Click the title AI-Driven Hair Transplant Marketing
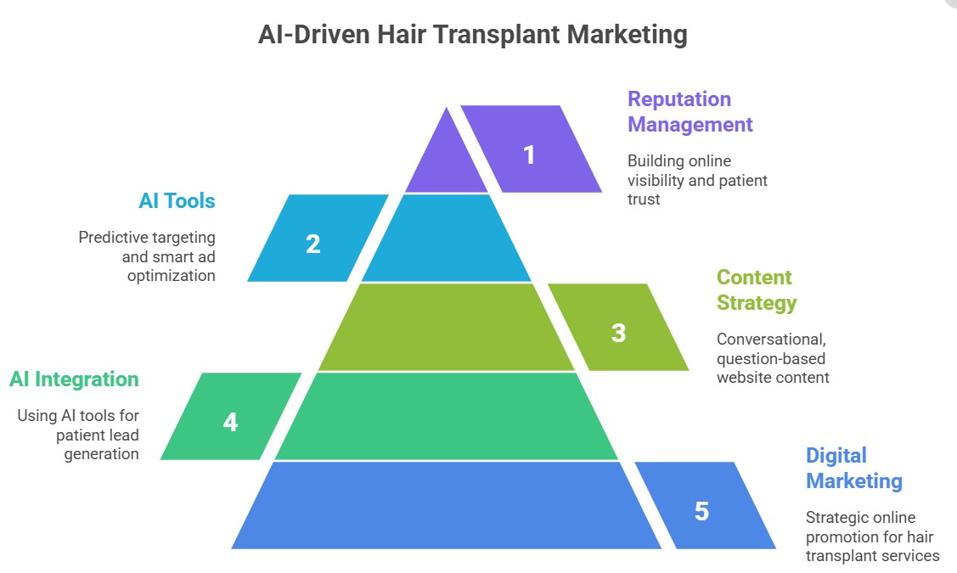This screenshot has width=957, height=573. click(472, 35)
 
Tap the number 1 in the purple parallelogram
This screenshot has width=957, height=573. click(529, 154)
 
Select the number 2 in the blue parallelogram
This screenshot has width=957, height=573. click(312, 244)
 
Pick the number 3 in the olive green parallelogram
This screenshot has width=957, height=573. click(618, 332)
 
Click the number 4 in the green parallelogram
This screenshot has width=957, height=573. click(230, 421)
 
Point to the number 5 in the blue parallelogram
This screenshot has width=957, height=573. click(701, 511)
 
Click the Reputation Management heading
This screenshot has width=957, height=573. click(690, 111)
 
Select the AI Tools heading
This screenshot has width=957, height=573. click(177, 201)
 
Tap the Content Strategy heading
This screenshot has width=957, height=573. click(756, 289)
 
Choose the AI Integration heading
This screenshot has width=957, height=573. click(74, 379)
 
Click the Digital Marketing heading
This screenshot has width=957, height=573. click(853, 468)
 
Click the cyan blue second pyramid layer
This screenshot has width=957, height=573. click(446, 239)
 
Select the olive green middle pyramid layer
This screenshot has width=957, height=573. click(446, 328)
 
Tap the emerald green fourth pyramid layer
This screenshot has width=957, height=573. click(446, 417)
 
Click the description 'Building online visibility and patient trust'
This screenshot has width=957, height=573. click(697, 180)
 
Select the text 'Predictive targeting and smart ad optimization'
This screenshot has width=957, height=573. click(147, 256)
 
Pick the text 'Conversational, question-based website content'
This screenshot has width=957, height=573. click(772, 358)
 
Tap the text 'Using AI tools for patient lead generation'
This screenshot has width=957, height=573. click(78, 435)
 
